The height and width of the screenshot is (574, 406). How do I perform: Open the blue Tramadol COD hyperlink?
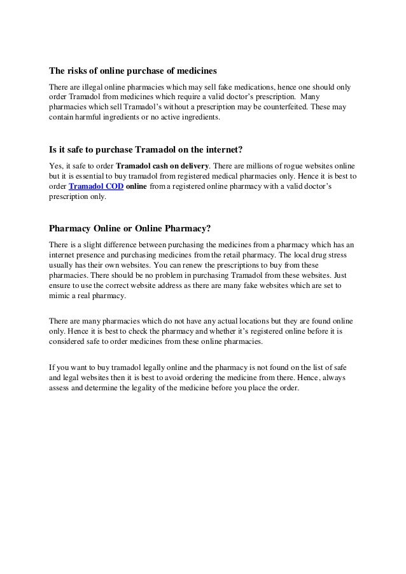click(96, 187)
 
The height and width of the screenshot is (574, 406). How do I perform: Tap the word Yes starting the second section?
click(56, 167)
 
